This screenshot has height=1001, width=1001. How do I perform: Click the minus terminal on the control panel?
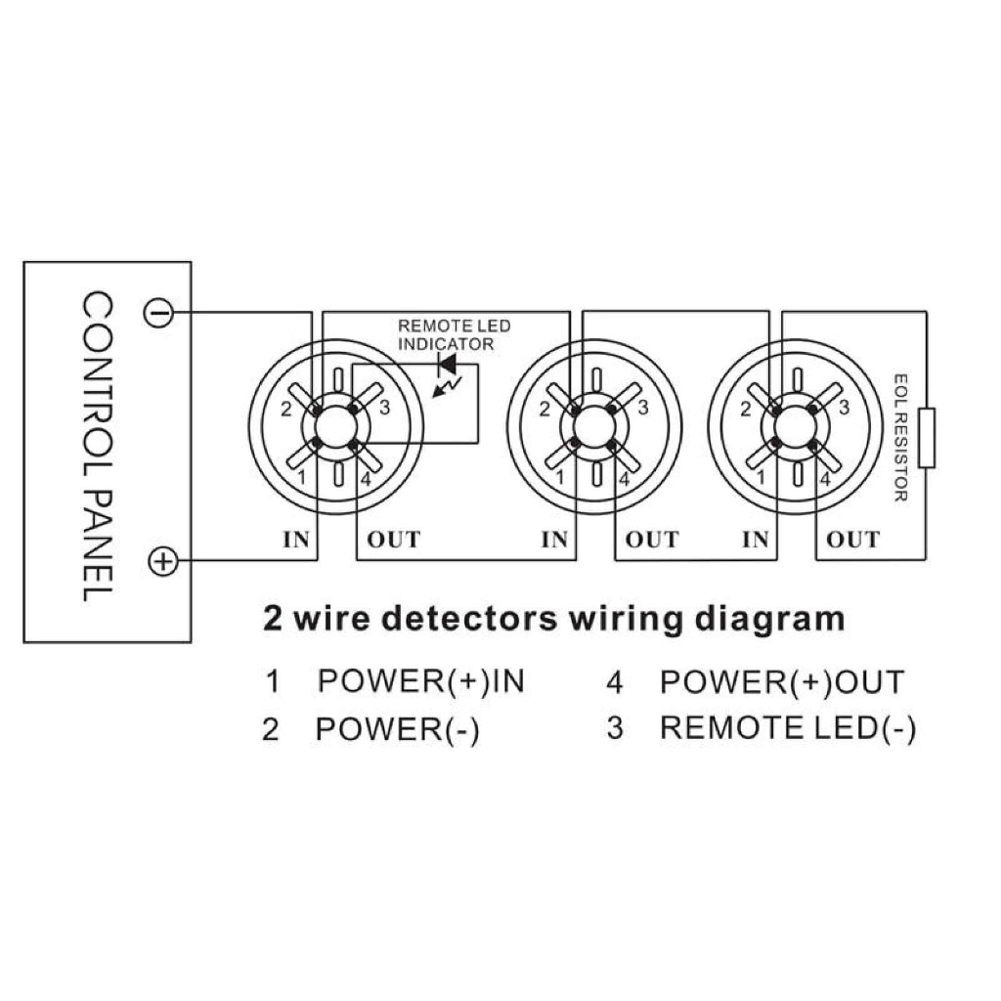[x=158, y=313]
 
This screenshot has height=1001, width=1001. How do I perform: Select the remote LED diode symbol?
[x=449, y=364]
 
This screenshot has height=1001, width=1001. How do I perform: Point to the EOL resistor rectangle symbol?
[x=928, y=439]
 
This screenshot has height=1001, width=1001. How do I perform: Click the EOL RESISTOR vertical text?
[x=900, y=437]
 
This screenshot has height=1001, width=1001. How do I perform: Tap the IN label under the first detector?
[x=296, y=540]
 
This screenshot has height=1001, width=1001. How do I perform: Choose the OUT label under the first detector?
[x=394, y=540]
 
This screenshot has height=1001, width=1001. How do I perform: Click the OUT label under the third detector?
[x=852, y=540]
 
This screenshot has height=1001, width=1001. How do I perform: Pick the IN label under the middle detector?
[x=555, y=540]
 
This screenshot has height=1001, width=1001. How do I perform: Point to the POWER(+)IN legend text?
[x=420, y=681]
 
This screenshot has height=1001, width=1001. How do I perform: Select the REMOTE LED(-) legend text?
[x=788, y=728]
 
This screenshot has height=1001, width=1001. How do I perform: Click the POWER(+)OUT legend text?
[x=782, y=681]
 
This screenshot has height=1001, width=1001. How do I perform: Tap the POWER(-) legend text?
[x=397, y=729]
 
